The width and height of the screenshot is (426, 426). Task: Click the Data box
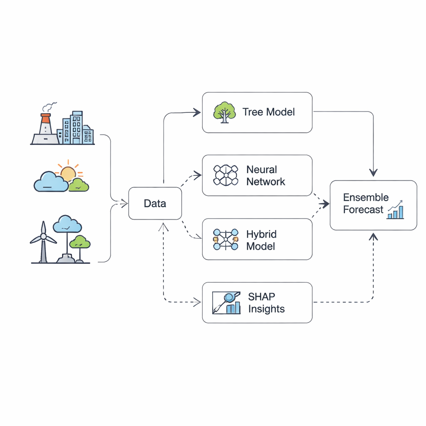coord(155,203)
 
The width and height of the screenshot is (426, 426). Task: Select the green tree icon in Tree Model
coord(224,112)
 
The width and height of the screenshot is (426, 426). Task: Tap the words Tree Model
coord(268,112)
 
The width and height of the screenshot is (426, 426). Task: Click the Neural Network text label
coord(265,176)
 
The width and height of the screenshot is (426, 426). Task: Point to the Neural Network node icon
coord(225,175)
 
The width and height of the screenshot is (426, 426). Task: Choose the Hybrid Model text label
coord(261,240)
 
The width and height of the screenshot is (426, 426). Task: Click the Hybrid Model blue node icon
coord(225,239)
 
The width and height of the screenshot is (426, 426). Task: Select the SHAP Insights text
coord(266,303)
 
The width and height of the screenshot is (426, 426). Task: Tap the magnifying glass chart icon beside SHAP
coord(226,302)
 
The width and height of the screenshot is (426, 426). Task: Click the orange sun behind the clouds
coord(68,173)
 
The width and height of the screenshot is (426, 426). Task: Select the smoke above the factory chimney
coord(50,106)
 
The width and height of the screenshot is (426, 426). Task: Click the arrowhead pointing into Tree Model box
coord(197,111)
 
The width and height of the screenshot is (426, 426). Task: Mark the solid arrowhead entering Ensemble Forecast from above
coord(373,172)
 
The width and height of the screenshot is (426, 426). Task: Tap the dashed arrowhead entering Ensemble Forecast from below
coord(373,236)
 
